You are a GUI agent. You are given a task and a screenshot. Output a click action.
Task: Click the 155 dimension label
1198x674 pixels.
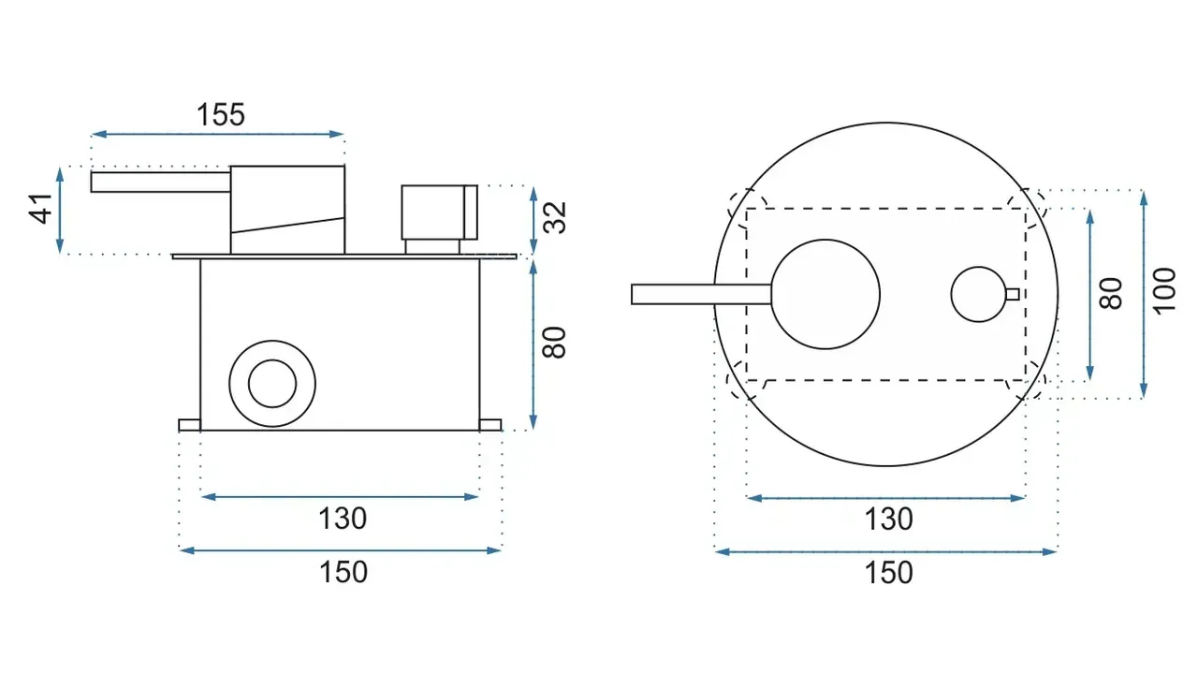pyautogui.click(x=221, y=114)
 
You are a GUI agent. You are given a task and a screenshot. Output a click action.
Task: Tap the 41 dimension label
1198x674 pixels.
pyautogui.click(x=40, y=209)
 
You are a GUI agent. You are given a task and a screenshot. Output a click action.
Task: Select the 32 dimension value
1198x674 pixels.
pyautogui.click(x=555, y=218)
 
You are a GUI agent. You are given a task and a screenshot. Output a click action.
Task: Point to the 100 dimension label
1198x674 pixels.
pyautogui.click(x=1163, y=291)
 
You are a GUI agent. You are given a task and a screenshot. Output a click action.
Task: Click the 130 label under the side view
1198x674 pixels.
pyautogui.click(x=343, y=519)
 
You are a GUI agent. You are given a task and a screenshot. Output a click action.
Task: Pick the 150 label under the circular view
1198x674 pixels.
pyautogui.click(x=889, y=573)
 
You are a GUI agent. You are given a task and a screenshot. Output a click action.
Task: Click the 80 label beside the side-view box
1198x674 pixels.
pyautogui.click(x=554, y=343)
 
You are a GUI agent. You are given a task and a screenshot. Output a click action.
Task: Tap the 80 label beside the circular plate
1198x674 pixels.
pyautogui.click(x=1110, y=293)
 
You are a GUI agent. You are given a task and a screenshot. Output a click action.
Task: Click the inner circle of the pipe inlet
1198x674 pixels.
pyautogui.click(x=272, y=384)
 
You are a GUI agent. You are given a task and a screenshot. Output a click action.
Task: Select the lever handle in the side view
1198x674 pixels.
pyautogui.click(x=160, y=182)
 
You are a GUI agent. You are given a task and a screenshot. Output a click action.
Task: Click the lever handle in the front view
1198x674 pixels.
pyautogui.click(x=701, y=295)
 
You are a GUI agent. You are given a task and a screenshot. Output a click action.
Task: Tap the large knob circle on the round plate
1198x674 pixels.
pyautogui.click(x=825, y=294)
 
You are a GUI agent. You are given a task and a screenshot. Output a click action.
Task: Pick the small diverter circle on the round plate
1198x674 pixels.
pyautogui.click(x=979, y=294)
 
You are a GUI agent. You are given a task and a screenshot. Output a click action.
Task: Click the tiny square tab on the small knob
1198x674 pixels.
pyautogui.click(x=1013, y=294)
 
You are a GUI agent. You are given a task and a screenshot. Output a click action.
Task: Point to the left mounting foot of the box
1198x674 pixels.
pyautogui.click(x=189, y=425)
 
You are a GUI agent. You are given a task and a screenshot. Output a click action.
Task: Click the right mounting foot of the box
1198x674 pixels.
pyautogui.click(x=490, y=425)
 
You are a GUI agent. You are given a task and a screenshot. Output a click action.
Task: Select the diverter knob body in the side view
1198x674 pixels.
pyautogui.click(x=440, y=212)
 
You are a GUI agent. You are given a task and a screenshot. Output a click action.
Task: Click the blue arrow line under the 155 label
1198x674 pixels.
pyautogui.click(x=218, y=134)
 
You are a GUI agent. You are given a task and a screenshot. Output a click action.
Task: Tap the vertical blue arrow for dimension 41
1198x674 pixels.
pyautogui.click(x=60, y=211)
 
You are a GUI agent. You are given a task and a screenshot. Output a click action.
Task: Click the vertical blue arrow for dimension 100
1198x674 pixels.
pyautogui.click(x=1144, y=294)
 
